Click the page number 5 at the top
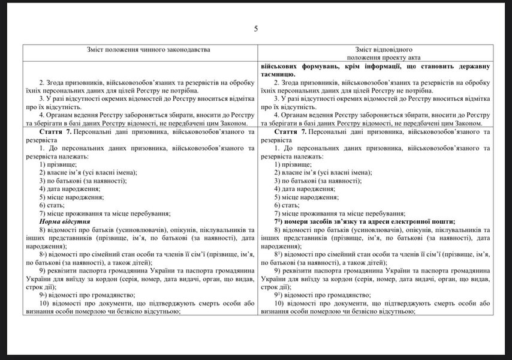tap(256, 29)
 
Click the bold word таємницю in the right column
tap(282, 74)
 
